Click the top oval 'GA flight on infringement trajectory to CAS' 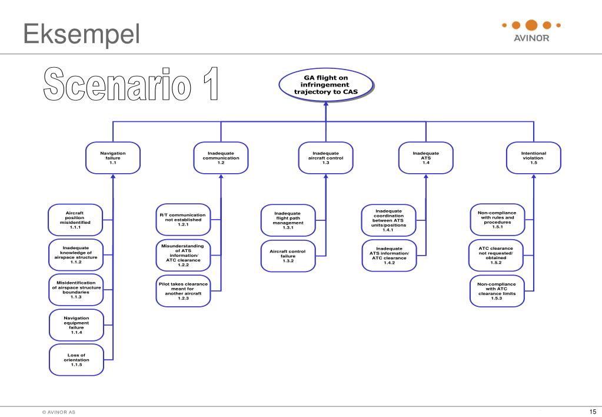click(325, 85)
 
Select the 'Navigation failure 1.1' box click(112, 158)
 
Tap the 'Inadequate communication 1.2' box click(221, 158)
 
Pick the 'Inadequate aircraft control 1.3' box click(325, 158)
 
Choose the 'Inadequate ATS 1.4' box click(425, 158)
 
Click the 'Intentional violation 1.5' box click(533, 158)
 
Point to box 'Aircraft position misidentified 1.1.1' click(75, 219)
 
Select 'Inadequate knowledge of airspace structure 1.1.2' click(75, 254)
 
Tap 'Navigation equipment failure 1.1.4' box click(76, 325)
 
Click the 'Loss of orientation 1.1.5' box click(76, 360)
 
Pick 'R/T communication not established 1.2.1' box click(182, 220)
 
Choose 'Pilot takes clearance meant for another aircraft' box click(182, 291)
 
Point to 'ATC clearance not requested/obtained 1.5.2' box click(496, 255)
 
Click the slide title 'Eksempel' click(82, 35)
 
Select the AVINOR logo click(531, 31)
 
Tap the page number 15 click(592, 411)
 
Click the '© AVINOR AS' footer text click(58, 412)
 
